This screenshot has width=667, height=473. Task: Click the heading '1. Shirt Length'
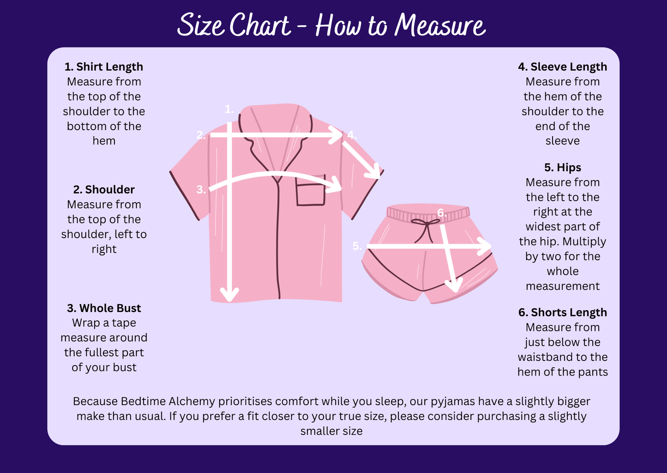pyautogui.click(x=103, y=67)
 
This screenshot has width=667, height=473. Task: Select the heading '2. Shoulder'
pyautogui.click(x=104, y=190)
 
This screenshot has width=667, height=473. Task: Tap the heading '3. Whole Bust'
pyautogui.click(x=104, y=308)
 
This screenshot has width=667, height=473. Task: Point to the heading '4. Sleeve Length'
pyautogui.click(x=563, y=67)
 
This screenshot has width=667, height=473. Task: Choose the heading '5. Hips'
pyautogui.click(x=563, y=168)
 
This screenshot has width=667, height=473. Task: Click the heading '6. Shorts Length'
pyautogui.click(x=563, y=312)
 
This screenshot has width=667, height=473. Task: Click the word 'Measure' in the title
pyautogui.click(x=440, y=25)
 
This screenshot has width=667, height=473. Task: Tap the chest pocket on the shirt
pyautogui.click(x=311, y=191)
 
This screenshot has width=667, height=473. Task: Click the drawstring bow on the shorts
pyautogui.click(x=425, y=230)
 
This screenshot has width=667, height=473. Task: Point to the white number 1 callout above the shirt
pyautogui.click(x=229, y=109)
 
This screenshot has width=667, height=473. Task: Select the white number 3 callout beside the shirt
pyautogui.click(x=201, y=190)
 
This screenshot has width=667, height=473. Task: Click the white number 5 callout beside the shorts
pyautogui.click(x=357, y=246)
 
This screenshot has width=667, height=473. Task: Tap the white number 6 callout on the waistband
pyautogui.click(x=442, y=213)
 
